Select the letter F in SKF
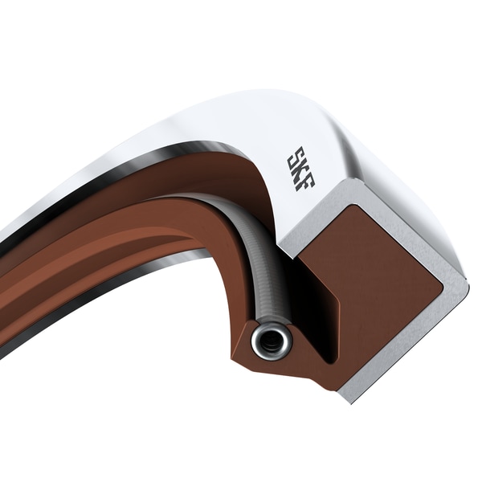[305, 181]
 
